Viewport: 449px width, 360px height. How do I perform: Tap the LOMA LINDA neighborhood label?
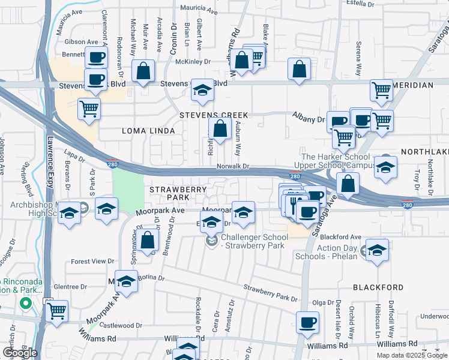[148, 131]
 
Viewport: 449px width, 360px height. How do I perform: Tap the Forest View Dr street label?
[92, 262]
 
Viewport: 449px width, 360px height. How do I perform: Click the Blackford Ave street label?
[340, 237]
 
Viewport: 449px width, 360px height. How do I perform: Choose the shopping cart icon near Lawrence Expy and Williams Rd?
[56, 311]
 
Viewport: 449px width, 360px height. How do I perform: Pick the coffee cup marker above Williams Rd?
[308, 322]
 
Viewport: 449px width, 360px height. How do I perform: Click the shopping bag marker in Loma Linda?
[220, 128]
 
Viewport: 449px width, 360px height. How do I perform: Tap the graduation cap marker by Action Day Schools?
[376, 250]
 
